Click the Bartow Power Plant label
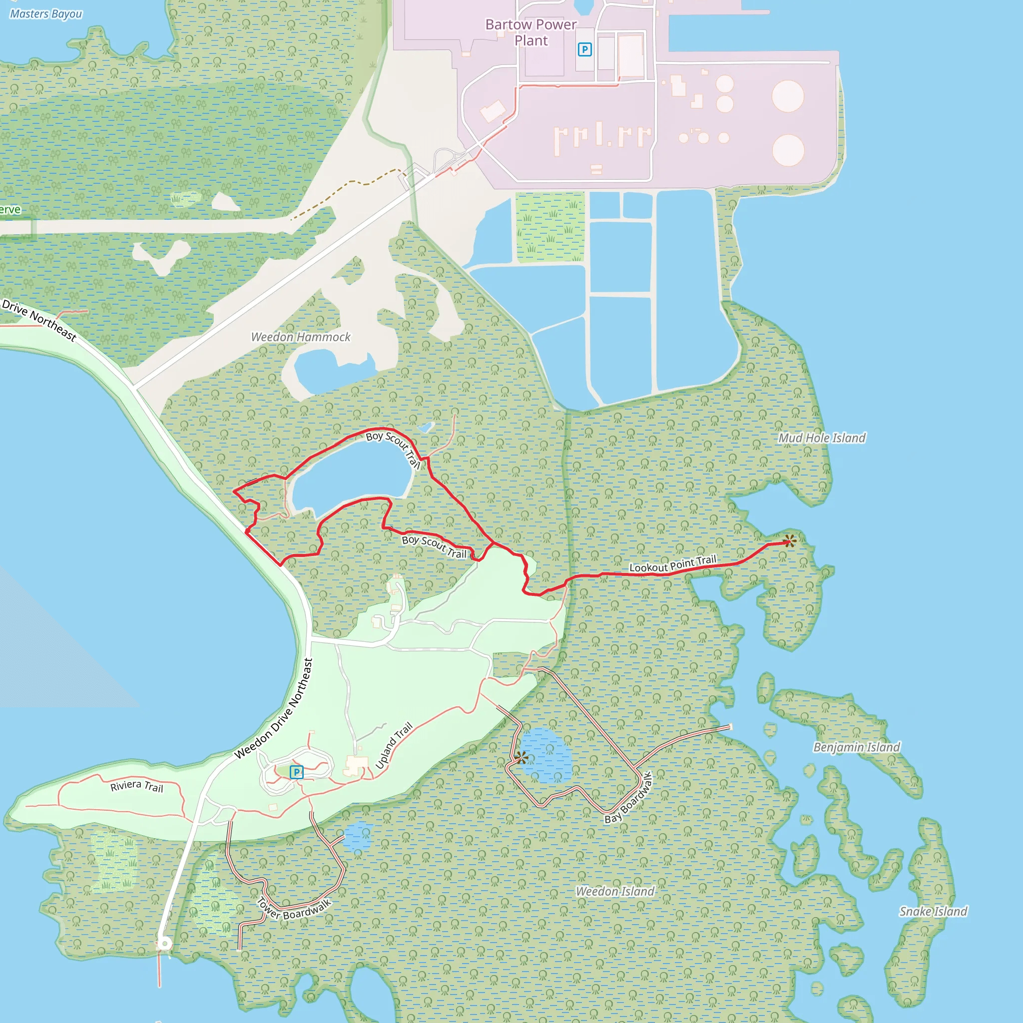[x=530, y=32]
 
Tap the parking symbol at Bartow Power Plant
[x=584, y=50]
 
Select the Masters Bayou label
[x=46, y=14]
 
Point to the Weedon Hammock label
[x=301, y=337]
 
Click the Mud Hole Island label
[x=822, y=438]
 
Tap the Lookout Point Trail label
[x=672, y=564]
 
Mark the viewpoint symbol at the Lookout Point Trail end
[x=790, y=541]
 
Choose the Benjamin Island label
[x=857, y=747]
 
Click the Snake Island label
[x=933, y=911]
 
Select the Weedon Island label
[x=615, y=891]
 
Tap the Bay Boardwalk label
[x=629, y=797]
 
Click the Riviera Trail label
[x=136, y=786]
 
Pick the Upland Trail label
[x=394, y=746]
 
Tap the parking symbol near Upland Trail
[x=297, y=772]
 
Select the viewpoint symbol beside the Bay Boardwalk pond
[x=521, y=758]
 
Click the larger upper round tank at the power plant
[x=788, y=96]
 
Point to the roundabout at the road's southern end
[x=165, y=944]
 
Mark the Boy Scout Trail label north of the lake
[x=394, y=449]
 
